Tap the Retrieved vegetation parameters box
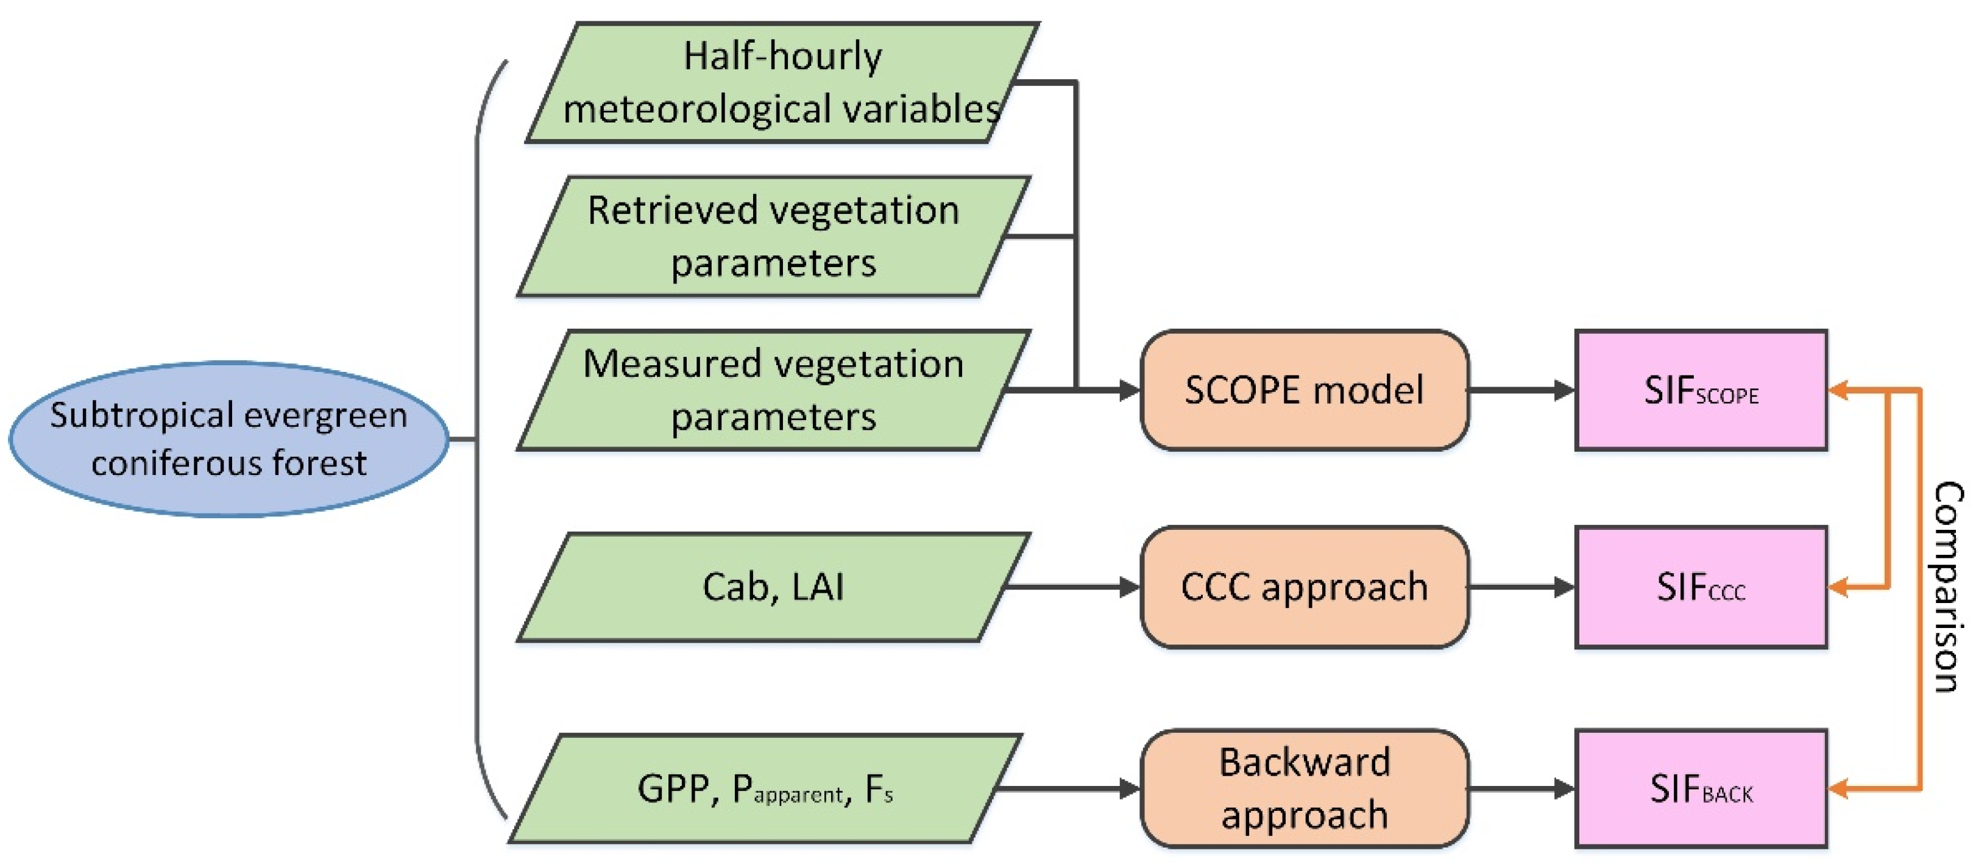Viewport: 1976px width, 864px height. tap(773, 237)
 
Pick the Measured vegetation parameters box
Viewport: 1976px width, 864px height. tap(773, 390)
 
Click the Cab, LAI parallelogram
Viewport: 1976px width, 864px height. tap(773, 587)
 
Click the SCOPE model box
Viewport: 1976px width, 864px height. tap(1304, 390)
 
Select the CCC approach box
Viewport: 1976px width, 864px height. tap(1304, 587)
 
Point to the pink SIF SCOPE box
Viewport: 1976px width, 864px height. tap(1701, 390)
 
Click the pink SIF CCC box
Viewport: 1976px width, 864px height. tap(1701, 587)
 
